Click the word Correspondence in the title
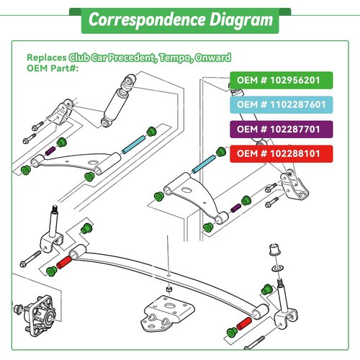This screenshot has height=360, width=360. [147, 20]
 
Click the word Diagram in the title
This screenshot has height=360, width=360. [241, 20]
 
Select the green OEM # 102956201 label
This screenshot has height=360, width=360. [282, 80]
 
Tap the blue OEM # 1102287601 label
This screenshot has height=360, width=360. [282, 104]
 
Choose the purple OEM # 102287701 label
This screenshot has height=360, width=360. [282, 130]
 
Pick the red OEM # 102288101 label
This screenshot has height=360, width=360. [282, 154]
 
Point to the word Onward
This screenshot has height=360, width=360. [213, 58]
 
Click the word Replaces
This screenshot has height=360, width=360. [47, 58]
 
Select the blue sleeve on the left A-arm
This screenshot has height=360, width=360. [133, 145]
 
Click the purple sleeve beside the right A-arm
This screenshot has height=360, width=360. [235, 208]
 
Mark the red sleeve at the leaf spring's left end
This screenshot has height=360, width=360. [64, 262]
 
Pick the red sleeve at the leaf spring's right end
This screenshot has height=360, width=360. [244, 323]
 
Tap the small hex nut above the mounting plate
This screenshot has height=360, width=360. [169, 289]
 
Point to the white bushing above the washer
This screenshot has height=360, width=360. [274, 250]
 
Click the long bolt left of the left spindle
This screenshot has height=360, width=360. [30, 258]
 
